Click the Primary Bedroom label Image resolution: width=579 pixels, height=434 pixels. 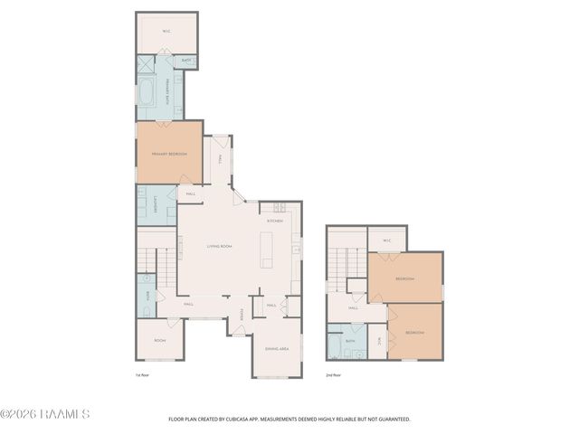pyautogui.click(x=169, y=155)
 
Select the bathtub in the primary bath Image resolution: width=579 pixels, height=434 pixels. pyautogui.click(x=145, y=93)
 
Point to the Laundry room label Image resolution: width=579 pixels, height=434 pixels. pyautogui.click(x=157, y=204)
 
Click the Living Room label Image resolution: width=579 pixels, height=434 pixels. pyautogui.click(x=220, y=247)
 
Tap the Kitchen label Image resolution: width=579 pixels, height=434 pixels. pyautogui.click(x=275, y=221)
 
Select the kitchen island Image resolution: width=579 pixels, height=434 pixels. pyautogui.click(x=267, y=250)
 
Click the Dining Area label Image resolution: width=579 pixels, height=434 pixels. pyautogui.click(x=277, y=349)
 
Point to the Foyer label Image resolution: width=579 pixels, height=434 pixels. pyautogui.click(x=242, y=315)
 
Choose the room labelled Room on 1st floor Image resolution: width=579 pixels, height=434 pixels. pyautogui.click(x=159, y=340)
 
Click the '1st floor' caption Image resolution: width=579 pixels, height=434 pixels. pyautogui.click(x=141, y=373)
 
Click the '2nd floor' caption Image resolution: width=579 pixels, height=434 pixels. pyautogui.click(x=334, y=373)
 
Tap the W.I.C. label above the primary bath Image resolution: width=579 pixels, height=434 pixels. pyautogui.click(x=166, y=33)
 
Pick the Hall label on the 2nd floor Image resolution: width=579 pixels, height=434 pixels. pyautogui.click(x=353, y=308)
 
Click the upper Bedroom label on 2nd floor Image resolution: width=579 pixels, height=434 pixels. pyautogui.click(x=404, y=278)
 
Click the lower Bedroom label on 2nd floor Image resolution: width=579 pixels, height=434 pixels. pyautogui.click(x=414, y=333)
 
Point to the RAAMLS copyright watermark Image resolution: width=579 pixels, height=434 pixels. pyautogui.click(x=44, y=414)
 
